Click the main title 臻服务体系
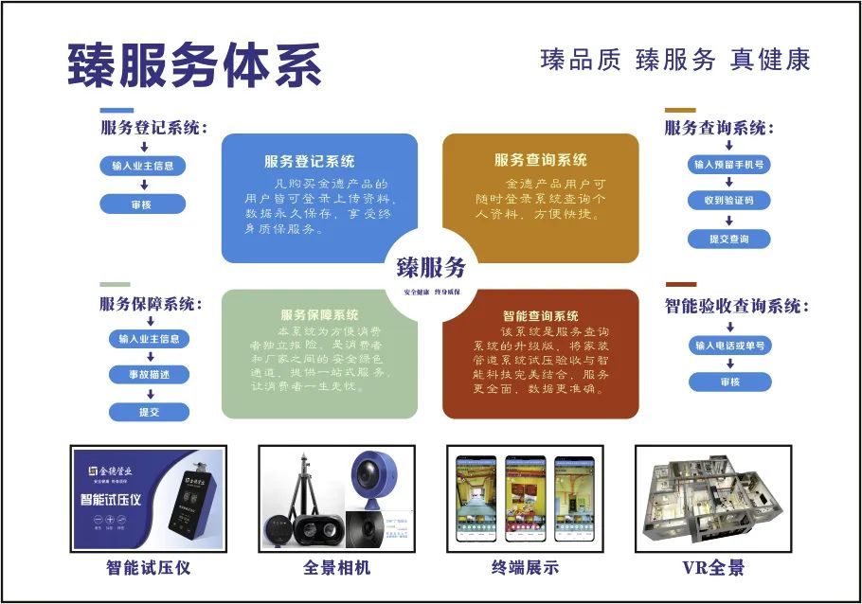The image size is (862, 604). tap(194, 64)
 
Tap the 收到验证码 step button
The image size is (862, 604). tap(728, 201)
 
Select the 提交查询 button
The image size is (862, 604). tap(728, 240)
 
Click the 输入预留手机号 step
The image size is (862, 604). tap(728, 165)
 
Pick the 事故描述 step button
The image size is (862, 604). tap(149, 374)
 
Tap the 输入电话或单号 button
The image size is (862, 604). tap(728, 346)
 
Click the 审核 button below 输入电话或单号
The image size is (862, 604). tap(728, 382)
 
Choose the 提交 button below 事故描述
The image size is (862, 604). tap(149, 412)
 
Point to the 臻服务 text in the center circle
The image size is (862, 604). tap(431, 267)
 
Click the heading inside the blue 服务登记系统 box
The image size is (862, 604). tap(309, 162)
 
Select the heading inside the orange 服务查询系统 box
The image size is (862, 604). tap(540, 160)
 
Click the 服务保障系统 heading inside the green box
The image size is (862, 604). tap(319, 314)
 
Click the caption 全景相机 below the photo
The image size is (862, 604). tap(336, 568)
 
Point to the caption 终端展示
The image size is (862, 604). tap(525, 568)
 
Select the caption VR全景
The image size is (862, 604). tap(713, 568)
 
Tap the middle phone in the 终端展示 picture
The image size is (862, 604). tap(525, 498)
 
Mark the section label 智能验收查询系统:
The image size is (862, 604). tap(738, 307)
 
